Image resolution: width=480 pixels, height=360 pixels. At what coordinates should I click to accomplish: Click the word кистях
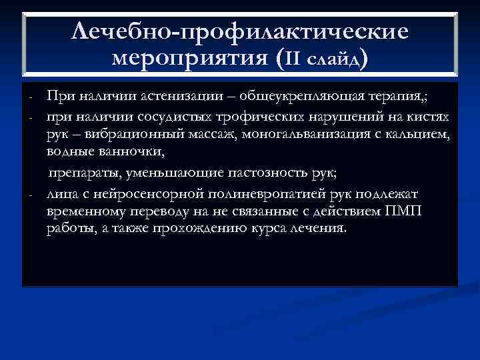431,117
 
